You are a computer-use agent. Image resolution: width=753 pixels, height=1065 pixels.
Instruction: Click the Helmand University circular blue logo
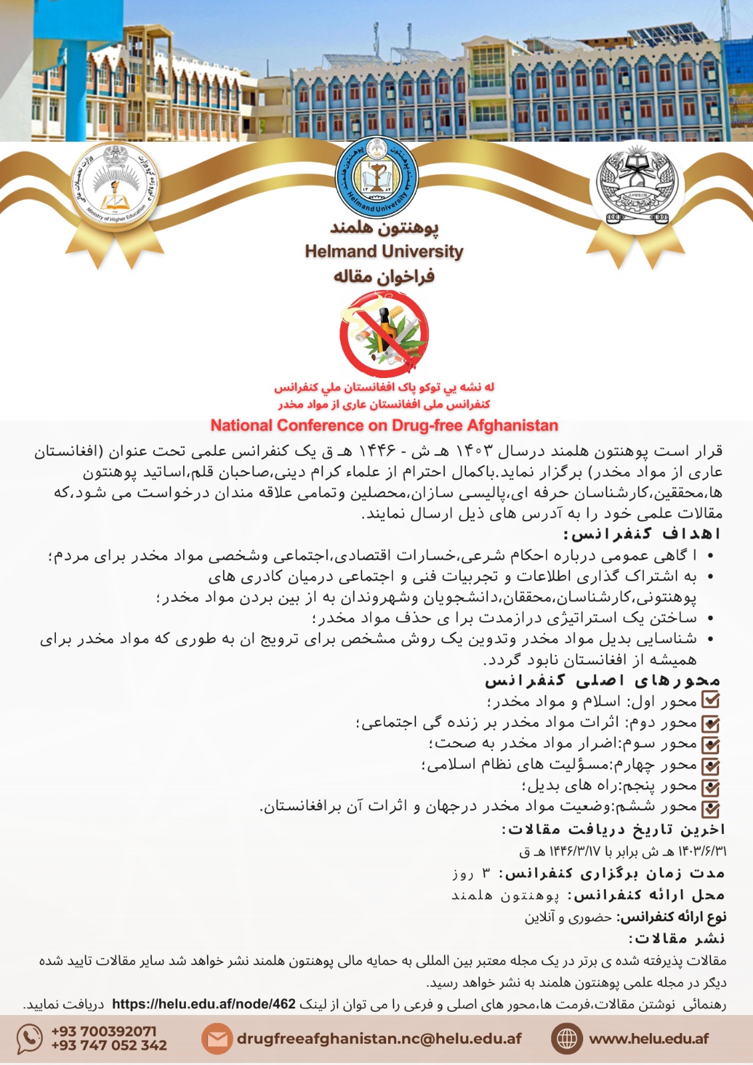(x=376, y=177)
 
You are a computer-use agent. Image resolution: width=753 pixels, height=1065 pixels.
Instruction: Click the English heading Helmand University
(x=384, y=252)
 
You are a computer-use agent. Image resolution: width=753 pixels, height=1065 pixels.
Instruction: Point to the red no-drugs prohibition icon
(x=383, y=333)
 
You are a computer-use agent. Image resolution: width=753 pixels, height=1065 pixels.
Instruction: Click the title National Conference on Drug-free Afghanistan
(x=384, y=425)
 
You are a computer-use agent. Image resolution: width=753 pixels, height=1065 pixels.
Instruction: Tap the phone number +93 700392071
(x=104, y=1031)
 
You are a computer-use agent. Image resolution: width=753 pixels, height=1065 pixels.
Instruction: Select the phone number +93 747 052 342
(x=109, y=1046)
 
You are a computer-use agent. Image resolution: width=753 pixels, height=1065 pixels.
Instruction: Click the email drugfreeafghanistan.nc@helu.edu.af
(x=379, y=1038)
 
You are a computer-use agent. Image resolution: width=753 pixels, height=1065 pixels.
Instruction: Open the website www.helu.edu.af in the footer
(x=648, y=1038)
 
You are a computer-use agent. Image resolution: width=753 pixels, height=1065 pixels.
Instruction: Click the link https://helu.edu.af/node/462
(x=204, y=1004)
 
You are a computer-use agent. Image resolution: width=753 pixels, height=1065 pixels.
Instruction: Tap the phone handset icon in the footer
(x=29, y=1038)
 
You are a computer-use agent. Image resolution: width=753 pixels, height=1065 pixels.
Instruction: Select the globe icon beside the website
(x=566, y=1038)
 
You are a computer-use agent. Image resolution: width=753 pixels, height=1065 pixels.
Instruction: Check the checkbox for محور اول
(x=711, y=700)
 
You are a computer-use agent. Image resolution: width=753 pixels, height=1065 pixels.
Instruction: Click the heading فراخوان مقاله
(x=384, y=276)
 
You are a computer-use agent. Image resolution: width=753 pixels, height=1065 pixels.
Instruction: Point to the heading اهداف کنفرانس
(x=642, y=534)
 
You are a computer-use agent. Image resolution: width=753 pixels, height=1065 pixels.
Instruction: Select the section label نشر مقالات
(x=676, y=939)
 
